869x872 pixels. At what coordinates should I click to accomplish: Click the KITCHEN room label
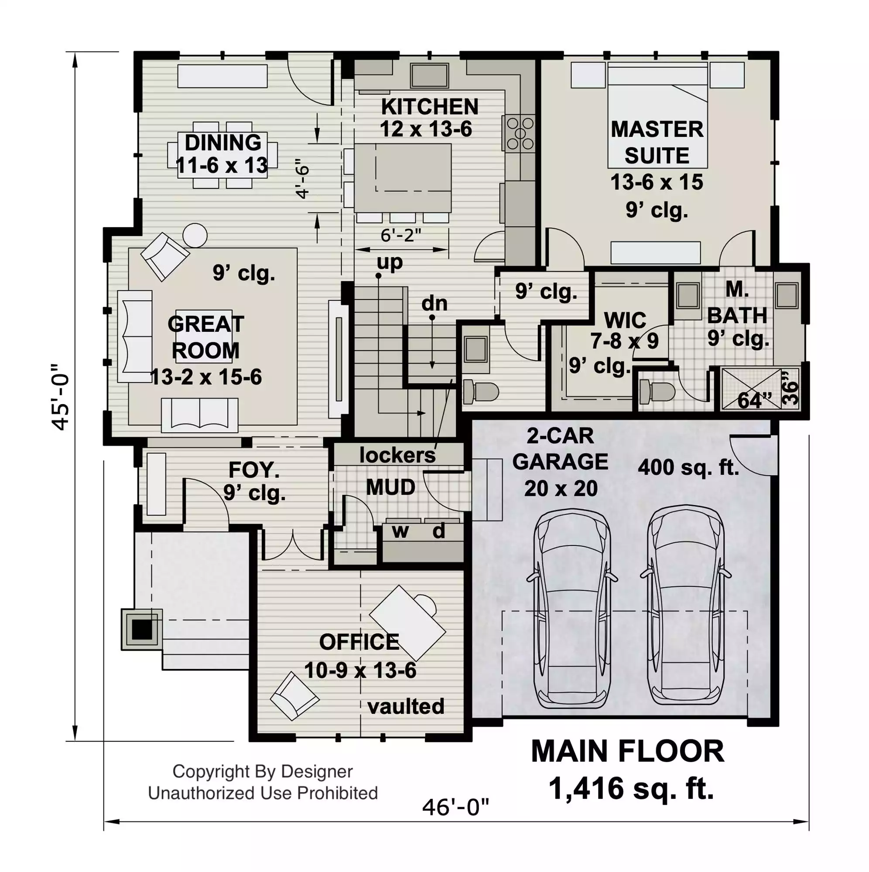click(x=430, y=107)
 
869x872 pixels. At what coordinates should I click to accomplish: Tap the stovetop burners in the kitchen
click(x=520, y=133)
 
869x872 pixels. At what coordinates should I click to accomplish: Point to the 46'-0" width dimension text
click(x=456, y=807)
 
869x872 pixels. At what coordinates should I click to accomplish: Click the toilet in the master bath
click(x=657, y=390)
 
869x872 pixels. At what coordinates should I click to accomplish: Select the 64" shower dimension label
click(x=755, y=400)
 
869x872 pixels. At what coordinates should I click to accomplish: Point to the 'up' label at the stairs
click(x=390, y=262)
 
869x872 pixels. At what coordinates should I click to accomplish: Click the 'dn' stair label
click(x=434, y=303)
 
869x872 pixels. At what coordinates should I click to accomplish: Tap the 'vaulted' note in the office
click(x=406, y=706)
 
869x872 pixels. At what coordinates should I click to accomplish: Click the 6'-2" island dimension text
click(x=400, y=235)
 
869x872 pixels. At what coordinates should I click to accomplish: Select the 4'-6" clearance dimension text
click(x=303, y=179)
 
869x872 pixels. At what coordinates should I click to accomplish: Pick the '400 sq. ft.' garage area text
click(x=688, y=467)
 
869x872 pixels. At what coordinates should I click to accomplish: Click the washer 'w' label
click(x=400, y=531)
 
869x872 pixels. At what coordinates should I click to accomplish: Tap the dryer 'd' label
click(x=438, y=531)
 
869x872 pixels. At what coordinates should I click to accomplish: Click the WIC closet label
click(x=625, y=320)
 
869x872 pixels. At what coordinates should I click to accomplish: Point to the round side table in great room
click(x=195, y=235)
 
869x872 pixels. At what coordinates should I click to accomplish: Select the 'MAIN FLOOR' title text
click(x=627, y=752)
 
